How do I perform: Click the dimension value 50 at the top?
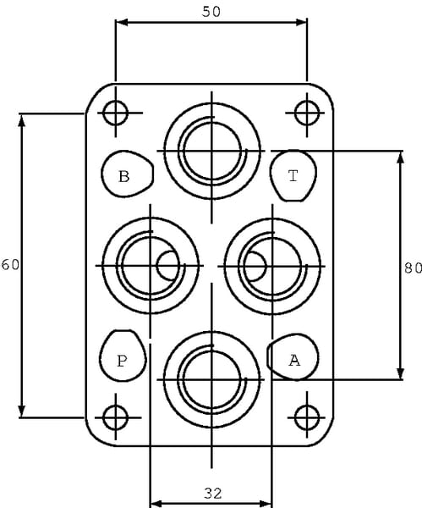[211, 12]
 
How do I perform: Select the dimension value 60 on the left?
[10, 265]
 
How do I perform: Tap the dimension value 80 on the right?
[413, 268]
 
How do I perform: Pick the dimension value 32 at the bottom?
[213, 494]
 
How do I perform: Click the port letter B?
[124, 177]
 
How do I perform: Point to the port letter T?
[293, 176]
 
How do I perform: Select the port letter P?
[122, 361]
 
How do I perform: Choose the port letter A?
[294, 360]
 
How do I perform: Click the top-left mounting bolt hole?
[116, 113]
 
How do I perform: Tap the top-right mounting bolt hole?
[307, 113]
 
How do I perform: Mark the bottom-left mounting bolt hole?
[116, 417]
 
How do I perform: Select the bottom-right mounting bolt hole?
[307, 417]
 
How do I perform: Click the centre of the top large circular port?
[212, 151]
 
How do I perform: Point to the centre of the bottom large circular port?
[212, 379]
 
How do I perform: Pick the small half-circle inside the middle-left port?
[167, 266]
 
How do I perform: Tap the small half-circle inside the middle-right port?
[255, 267]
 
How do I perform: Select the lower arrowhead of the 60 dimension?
[22, 411]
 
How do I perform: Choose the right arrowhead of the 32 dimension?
[266, 504]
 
